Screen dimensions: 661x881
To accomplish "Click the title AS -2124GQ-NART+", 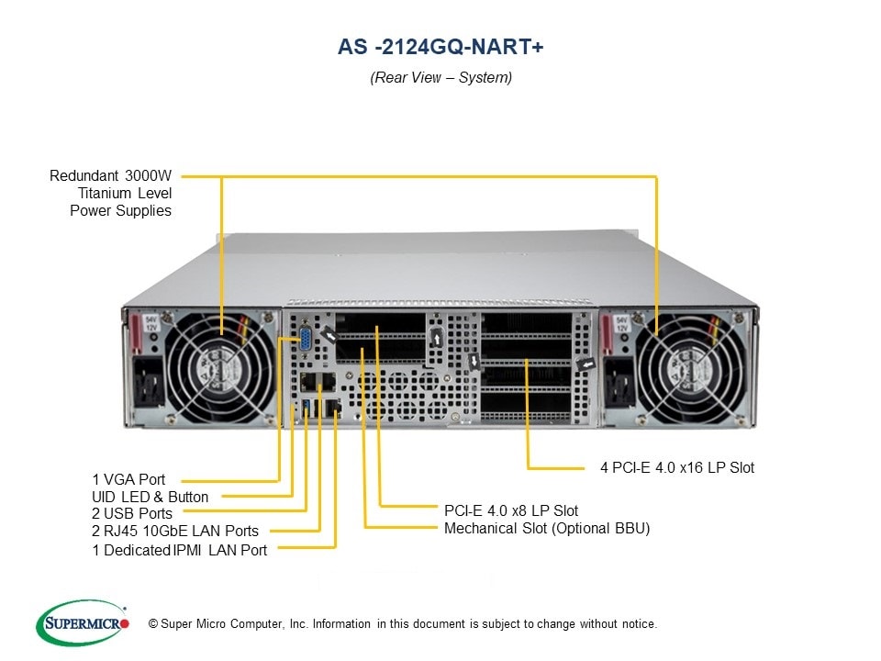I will [440, 47].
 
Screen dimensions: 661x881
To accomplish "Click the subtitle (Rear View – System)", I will [440, 77].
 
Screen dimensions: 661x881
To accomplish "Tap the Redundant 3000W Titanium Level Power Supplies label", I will [111, 193].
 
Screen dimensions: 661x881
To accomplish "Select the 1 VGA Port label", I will [128, 479].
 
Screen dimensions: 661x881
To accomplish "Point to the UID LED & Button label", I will [151, 497].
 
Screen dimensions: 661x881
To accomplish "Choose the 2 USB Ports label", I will [131, 513].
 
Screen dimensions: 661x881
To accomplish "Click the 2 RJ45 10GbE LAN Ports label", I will [174, 531].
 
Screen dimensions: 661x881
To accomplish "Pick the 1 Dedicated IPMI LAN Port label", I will [179, 550].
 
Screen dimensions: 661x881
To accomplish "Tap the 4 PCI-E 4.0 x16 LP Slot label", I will [677, 467].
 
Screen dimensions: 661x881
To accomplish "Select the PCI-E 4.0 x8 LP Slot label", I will [511, 510].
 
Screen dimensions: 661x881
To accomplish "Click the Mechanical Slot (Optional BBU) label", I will [547, 528].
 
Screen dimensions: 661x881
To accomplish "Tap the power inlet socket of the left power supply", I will [147, 385].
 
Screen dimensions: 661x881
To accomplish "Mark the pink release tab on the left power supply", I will [137, 335].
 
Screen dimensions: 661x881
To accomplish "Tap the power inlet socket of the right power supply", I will [618, 385].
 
